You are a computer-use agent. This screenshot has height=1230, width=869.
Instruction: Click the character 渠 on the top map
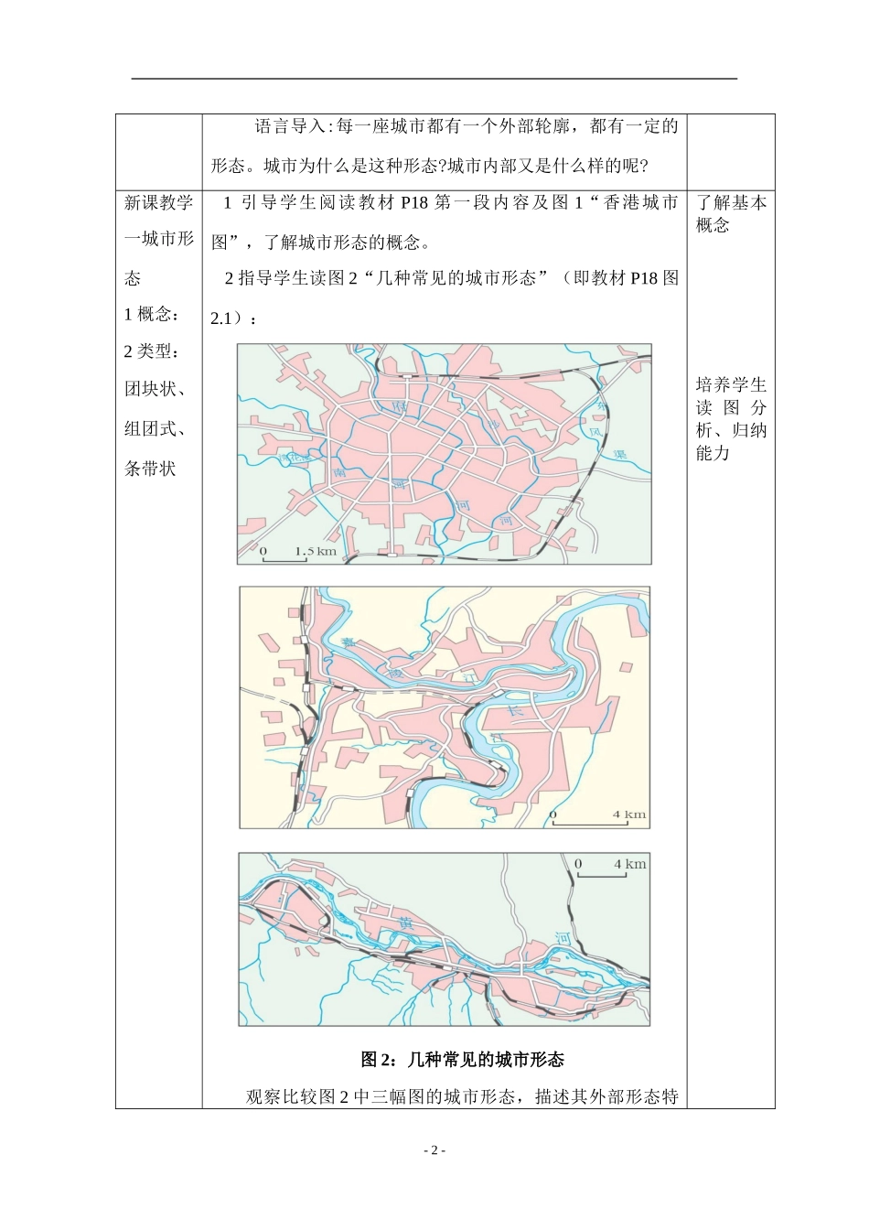(618, 452)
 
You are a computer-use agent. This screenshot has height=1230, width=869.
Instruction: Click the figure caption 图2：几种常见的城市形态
(462, 1060)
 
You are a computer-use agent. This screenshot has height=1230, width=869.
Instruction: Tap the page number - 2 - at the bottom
(434, 1150)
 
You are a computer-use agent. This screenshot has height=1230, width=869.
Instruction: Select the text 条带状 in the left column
(150, 469)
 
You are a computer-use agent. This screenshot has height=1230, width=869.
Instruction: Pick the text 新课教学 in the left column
(158, 202)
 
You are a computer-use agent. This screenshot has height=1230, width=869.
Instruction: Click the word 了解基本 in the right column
(731, 202)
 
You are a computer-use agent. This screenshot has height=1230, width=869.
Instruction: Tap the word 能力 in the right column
(713, 453)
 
